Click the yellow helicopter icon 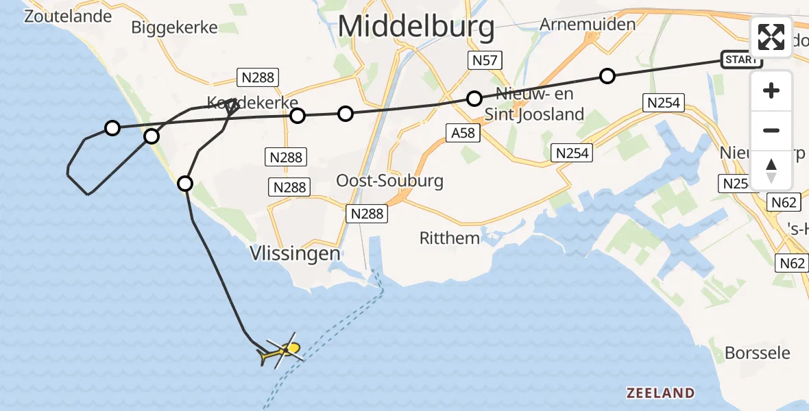click(280, 352)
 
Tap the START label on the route click(740, 60)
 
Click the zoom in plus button click(771, 90)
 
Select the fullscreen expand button click(771, 37)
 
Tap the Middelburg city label click(416, 27)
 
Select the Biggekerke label click(174, 27)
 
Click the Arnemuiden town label click(588, 24)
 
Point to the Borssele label click(757, 353)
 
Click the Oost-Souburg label click(389, 181)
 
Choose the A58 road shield click(463, 134)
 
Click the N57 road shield click(484, 60)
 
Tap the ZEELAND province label click(660, 393)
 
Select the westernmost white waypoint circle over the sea click(112, 127)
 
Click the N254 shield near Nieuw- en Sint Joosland click(572, 153)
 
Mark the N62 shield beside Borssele click(793, 262)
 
